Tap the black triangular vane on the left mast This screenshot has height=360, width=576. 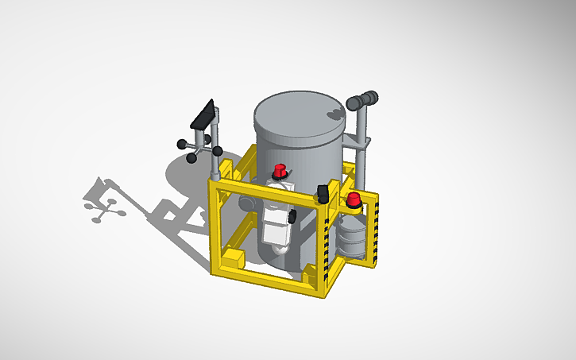click(x=205, y=118)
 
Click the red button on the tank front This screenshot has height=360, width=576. click(x=280, y=170)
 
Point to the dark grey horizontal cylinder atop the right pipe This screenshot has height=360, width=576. click(x=363, y=100)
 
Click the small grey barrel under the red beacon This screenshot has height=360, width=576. click(x=352, y=238)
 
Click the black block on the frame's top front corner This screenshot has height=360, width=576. click(x=323, y=193)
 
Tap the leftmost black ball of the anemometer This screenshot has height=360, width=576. click(x=181, y=145)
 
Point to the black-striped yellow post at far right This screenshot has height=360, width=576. click(x=378, y=230)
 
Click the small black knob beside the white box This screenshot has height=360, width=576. click(x=292, y=216)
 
